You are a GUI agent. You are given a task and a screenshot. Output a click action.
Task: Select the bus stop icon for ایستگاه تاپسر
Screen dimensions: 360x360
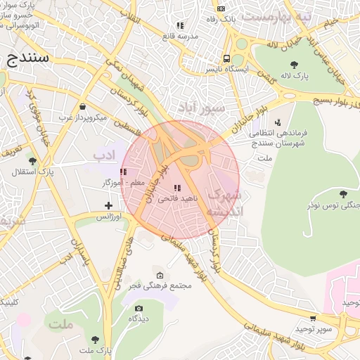(x=226, y=59)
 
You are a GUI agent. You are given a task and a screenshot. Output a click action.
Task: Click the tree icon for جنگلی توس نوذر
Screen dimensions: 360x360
(x=342, y=194)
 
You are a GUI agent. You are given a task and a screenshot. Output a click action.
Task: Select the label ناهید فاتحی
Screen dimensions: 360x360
(x=179, y=200)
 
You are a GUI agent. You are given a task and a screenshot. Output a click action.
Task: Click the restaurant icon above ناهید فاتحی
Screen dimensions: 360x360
(x=176, y=188)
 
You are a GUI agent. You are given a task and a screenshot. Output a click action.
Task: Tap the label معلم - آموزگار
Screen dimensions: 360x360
(x=123, y=183)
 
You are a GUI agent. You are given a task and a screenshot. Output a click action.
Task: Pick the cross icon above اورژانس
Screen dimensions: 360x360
(x=108, y=206)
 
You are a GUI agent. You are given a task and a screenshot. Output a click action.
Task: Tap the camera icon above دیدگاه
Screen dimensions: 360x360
(x=139, y=308)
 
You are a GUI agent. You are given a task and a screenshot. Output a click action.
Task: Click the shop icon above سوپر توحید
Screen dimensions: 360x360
(x=312, y=319)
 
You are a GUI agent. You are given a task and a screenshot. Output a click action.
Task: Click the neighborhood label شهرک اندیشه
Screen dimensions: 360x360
(x=226, y=201)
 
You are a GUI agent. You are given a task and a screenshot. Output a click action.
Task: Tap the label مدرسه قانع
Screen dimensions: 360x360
(x=179, y=36)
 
